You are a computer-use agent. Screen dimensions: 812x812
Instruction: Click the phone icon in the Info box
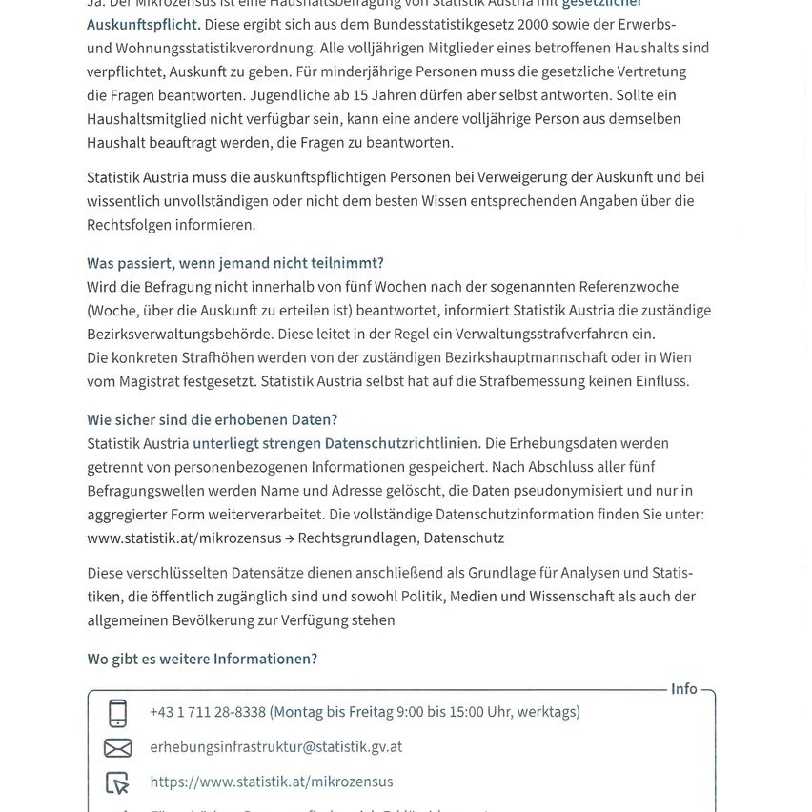[x=117, y=713]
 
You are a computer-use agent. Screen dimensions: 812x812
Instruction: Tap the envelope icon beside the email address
[x=117, y=747]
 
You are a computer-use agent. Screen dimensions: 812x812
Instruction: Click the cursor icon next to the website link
[x=117, y=782]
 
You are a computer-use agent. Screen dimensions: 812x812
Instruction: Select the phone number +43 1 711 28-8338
[x=208, y=712]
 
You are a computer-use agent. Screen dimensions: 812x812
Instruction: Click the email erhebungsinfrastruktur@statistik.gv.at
[x=275, y=747]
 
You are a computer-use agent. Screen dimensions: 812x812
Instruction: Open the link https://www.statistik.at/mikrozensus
[x=271, y=782]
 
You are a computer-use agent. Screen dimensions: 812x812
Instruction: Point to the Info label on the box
[x=683, y=689]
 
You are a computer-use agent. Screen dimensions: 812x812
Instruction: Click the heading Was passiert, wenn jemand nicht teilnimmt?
[x=234, y=263]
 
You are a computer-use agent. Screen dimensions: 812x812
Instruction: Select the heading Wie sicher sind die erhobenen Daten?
[x=212, y=420]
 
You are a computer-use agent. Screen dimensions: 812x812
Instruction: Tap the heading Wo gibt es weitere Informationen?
[x=202, y=660]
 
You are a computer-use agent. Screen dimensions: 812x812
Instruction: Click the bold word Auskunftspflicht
[x=143, y=24]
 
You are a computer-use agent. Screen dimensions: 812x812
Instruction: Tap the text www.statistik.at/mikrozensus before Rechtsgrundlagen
[x=184, y=538]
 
